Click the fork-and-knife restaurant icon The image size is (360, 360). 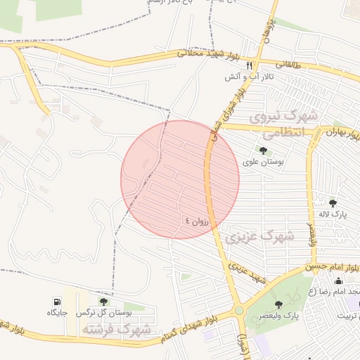point(250,65)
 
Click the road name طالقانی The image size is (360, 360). point(288,65)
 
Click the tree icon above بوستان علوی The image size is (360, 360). point(263,150)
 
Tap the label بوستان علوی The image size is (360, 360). point(263,161)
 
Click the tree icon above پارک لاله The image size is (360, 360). point(333,203)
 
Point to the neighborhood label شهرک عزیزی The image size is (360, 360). point(260,238)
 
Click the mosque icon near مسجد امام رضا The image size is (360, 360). point(338,281)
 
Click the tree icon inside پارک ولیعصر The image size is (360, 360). point(278,304)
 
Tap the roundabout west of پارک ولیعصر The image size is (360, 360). point(238,309)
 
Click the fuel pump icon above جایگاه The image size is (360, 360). point(57,301)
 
